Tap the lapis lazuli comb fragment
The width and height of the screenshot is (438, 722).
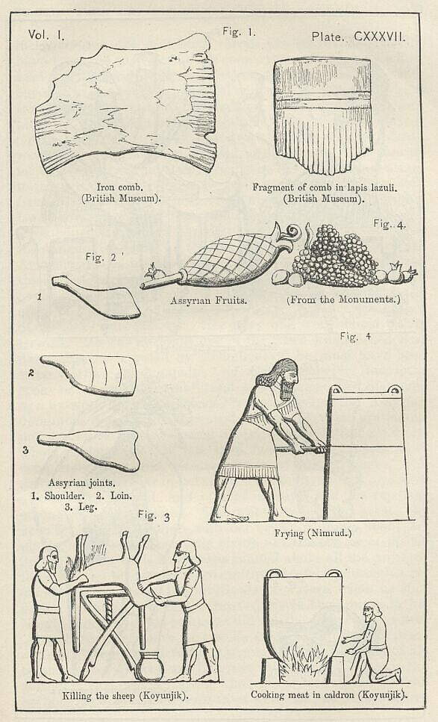pyautogui.click(x=323, y=115)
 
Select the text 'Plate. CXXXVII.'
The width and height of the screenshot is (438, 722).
pyautogui.click(x=358, y=37)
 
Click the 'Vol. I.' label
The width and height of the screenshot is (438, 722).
pyautogui.click(x=46, y=34)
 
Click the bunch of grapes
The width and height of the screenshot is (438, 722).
pyautogui.click(x=336, y=255)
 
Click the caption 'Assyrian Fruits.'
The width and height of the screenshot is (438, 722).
pyautogui.click(x=208, y=301)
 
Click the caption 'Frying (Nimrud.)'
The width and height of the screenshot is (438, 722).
pyautogui.click(x=313, y=533)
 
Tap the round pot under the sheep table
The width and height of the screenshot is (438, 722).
pyautogui.click(x=150, y=666)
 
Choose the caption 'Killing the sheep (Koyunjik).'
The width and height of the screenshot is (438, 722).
pyautogui.click(x=125, y=695)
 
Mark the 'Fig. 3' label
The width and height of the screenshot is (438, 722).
pyautogui.click(x=154, y=515)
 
